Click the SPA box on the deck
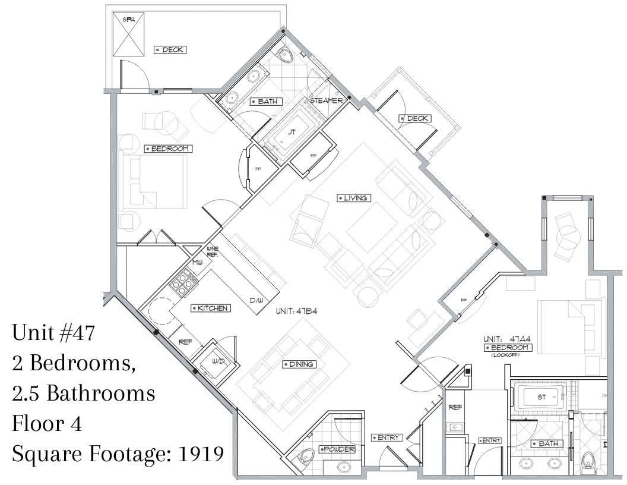pyautogui.click(x=128, y=34)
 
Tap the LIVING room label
pyautogui.click(x=354, y=198)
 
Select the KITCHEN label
pyautogui.click(x=212, y=308)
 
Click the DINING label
pyautogui.click(x=300, y=364)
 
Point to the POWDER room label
pyautogui.click(x=337, y=449)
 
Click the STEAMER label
pyautogui.click(x=327, y=101)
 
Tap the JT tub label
pyautogui.click(x=292, y=132)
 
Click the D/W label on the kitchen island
pyautogui.click(x=256, y=300)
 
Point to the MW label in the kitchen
pyautogui.click(x=198, y=263)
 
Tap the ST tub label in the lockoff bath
pyautogui.click(x=541, y=397)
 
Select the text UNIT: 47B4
pyautogui.click(x=296, y=311)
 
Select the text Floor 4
pyautogui.click(x=47, y=423)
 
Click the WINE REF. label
pyautogui.click(x=213, y=251)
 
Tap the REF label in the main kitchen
pyautogui.click(x=185, y=342)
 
